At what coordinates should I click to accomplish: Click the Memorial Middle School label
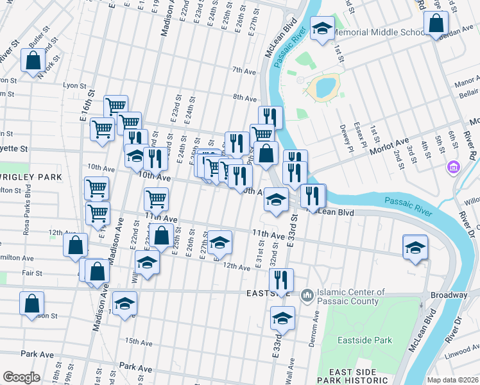[x=376, y=32]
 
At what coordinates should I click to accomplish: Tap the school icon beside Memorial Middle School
[x=322, y=28]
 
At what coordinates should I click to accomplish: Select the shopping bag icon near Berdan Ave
[x=436, y=24]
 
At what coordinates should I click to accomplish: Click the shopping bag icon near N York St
[x=33, y=62]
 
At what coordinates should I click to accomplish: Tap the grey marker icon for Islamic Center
[x=307, y=295]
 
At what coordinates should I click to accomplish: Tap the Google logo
[x=21, y=377]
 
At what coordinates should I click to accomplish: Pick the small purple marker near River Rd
[x=454, y=167]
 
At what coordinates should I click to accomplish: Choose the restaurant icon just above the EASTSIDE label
[x=281, y=279]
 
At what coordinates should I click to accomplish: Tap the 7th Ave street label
[x=244, y=70]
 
